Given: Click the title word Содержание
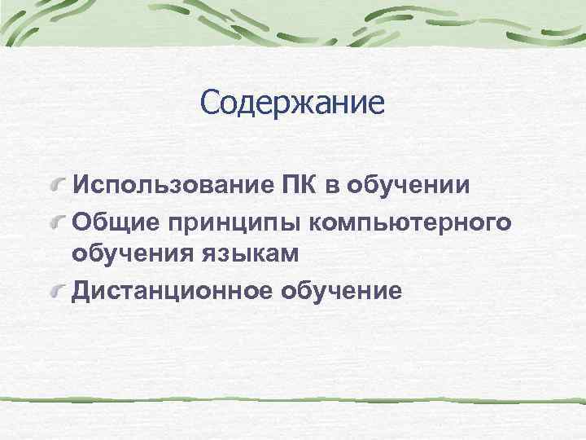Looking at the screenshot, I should click(292, 103).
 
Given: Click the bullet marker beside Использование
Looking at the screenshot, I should click(58, 187).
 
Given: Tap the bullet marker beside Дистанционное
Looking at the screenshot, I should click(58, 292).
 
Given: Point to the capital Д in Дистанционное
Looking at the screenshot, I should click(81, 291).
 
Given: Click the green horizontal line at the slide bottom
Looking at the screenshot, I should click(293, 401).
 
